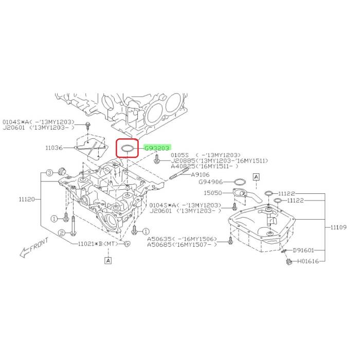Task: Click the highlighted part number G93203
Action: coord(157,148)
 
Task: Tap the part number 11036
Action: coord(54,148)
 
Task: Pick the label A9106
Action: coord(201,175)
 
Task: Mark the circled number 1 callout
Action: coord(53,219)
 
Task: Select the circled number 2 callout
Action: coord(60,233)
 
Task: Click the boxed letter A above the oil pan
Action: coord(256,177)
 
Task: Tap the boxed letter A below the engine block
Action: coord(109,261)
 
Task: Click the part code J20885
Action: coord(182,161)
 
